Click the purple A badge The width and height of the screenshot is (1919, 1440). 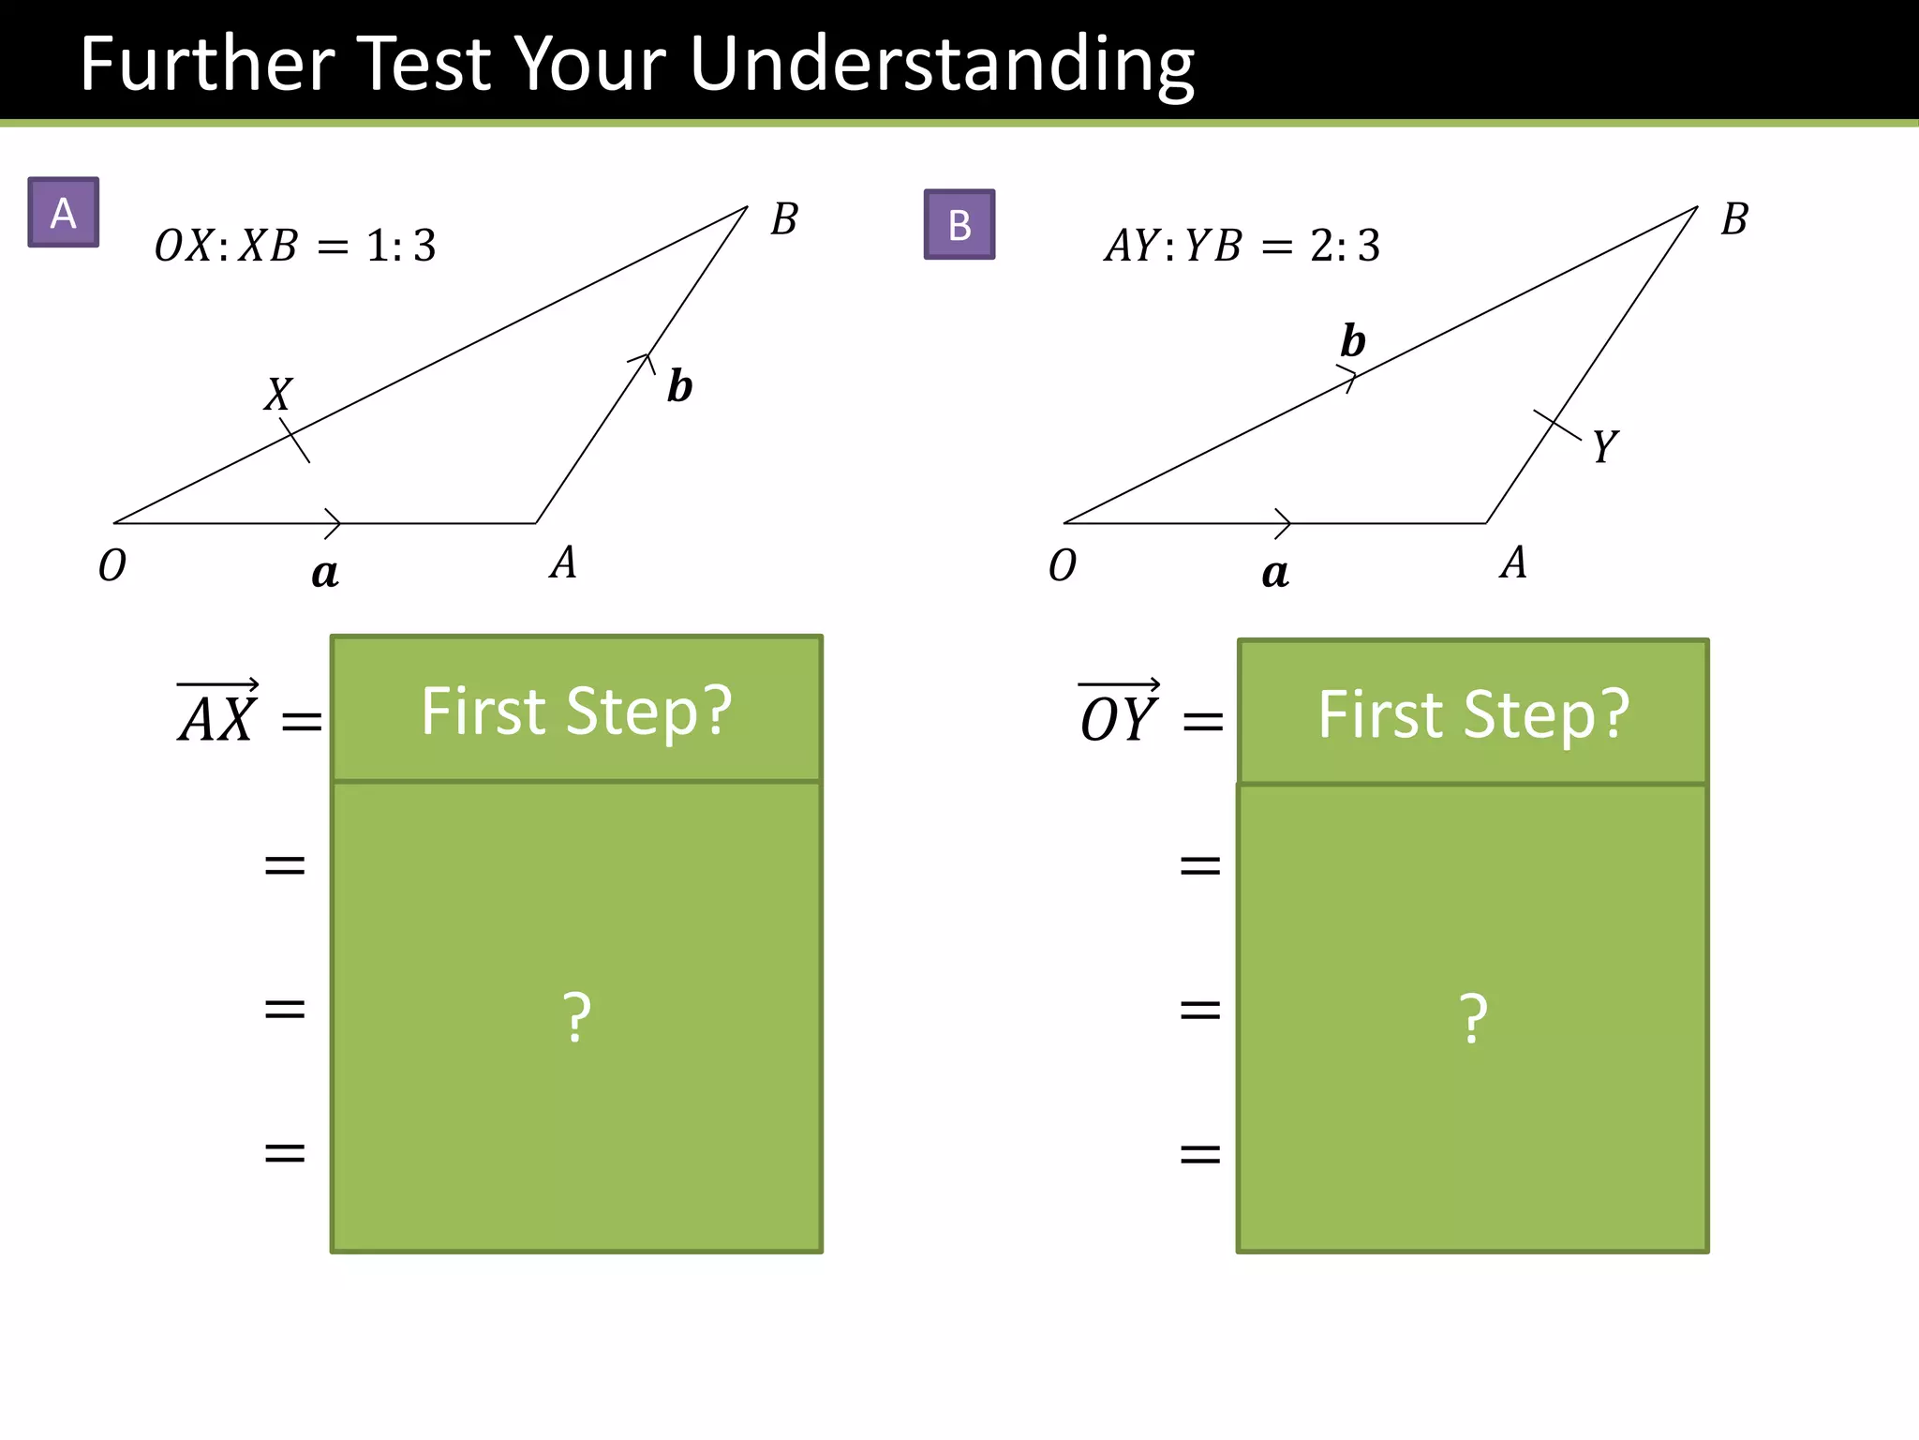pyautogui.click(x=63, y=213)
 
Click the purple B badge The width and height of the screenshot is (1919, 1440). pyautogui.click(x=959, y=225)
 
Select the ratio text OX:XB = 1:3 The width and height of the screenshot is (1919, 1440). pyautogui.click(x=295, y=246)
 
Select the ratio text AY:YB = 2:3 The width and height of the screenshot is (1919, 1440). pyautogui.click(x=1242, y=246)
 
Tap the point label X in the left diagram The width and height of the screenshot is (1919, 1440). pyautogui.click(x=277, y=395)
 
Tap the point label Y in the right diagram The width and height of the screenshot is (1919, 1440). pyautogui.click(x=1605, y=446)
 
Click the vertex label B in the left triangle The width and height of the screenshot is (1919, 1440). pyautogui.click(x=784, y=219)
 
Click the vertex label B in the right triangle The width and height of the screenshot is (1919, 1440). pyautogui.click(x=1734, y=219)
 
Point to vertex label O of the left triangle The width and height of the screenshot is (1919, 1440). pyautogui.click(x=112, y=565)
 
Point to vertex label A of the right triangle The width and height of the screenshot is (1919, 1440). pyautogui.click(x=1513, y=562)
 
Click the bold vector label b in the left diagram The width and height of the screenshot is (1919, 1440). pyautogui.click(x=679, y=386)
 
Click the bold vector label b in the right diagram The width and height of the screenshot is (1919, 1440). pyautogui.click(x=1352, y=340)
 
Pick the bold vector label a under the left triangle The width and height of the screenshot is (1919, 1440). pyautogui.click(x=324, y=572)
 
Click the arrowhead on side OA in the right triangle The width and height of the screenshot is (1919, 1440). pyautogui.click(x=1284, y=523)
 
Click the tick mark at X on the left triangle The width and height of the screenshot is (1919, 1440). pyautogui.click(x=295, y=440)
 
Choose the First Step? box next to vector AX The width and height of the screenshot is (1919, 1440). pyautogui.click(x=576, y=710)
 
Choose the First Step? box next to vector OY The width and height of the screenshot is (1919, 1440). pyautogui.click(x=1472, y=713)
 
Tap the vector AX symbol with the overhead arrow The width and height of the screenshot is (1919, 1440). pyautogui.click(x=217, y=716)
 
